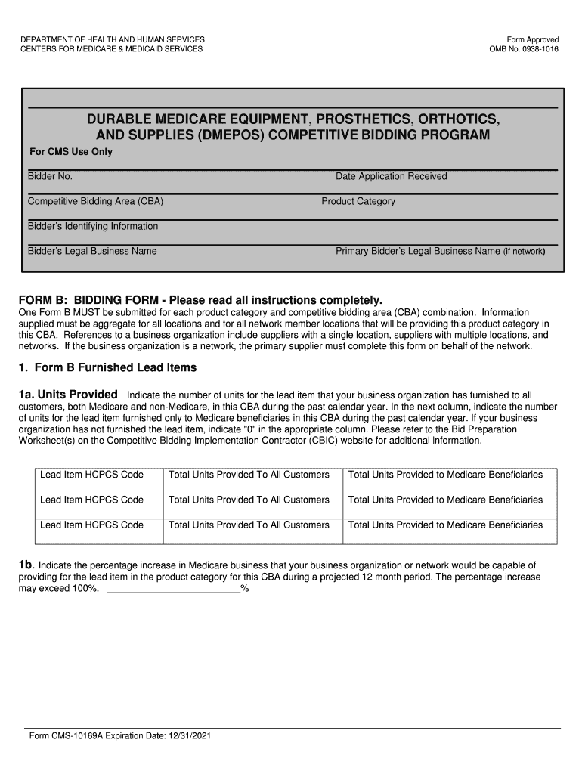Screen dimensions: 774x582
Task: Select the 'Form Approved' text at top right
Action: [533, 39]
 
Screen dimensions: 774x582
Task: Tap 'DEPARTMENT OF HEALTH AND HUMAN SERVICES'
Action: [113, 39]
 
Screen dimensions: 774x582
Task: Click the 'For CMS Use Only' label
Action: [70, 152]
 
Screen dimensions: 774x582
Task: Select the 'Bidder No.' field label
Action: [50, 176]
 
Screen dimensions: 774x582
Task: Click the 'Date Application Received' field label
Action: [391, 176]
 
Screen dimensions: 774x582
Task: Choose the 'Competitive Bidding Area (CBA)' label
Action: [95, 202]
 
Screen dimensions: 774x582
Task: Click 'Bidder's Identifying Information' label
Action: [93, 226]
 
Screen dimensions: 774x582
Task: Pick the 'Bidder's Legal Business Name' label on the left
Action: [92, 251]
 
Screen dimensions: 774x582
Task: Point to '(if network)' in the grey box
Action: [524, 252]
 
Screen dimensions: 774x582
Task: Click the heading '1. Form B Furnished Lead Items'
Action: [107, 367]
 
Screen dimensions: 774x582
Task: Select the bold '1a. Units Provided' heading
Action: [68, 395]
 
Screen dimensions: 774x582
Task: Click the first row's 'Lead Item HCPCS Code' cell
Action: [91, 475]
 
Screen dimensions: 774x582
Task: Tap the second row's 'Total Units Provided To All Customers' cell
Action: [249, 500]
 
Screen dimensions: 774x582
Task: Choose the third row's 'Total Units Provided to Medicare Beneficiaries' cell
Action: [445, 525]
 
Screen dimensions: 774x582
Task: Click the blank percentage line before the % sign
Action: [174, 589]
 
